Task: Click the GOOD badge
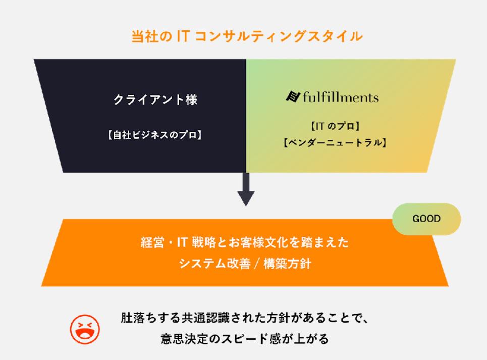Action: coord(426,219)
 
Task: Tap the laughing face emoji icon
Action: coord(85,330)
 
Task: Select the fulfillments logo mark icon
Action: coord(293,96)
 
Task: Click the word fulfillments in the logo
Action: coord(341,96)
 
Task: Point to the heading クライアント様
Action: coord(155,100)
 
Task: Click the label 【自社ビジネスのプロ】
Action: coord(155,135)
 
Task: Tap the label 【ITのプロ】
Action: coord(335,126)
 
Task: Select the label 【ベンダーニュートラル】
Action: coord(335,143)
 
